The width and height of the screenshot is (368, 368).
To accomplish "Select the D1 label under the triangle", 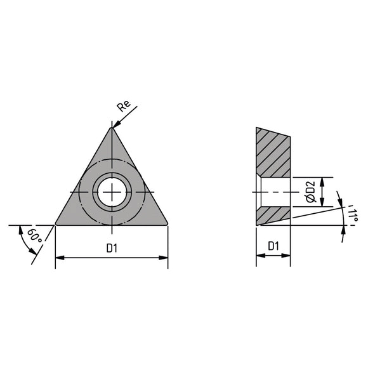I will coord(112,249).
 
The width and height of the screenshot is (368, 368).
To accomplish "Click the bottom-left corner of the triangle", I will coord(56,224).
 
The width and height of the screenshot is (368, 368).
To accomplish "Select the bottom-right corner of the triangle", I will coord(168,224).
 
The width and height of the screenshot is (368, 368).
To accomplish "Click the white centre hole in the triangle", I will coord(112,191).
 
